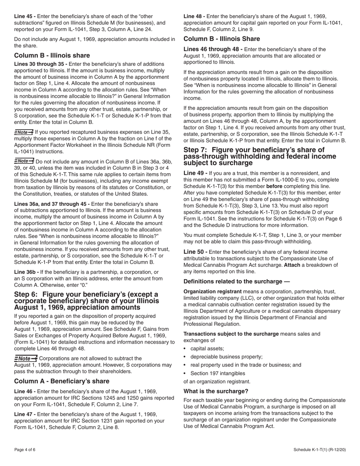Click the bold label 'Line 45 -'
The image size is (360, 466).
(x=25, y=16)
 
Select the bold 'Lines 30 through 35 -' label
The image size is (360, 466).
(x=41, y=64)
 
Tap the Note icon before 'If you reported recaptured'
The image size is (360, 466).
(x=23, y=132)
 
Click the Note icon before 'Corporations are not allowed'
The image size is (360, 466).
(x=26, y=358)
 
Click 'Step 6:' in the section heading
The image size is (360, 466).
(x=27, y=294)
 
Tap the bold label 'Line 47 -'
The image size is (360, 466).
(x=25, y=414)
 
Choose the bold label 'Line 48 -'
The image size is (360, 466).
(x=194, y=16)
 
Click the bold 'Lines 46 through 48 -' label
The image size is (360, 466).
(x=213, y=49)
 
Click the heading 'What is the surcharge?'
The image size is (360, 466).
(x=216, y=391)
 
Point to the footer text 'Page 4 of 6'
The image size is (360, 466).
(x=25, y=450)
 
